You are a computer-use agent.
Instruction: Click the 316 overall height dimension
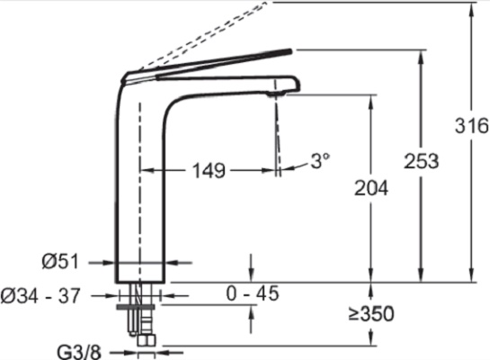[471, 126]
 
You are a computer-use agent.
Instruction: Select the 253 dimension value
[422, 161]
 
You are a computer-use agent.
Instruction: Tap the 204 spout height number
[371, 188]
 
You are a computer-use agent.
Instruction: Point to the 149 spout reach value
[209, 171]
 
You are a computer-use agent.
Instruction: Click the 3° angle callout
[320, 161]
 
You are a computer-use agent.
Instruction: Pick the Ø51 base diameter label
[60, 262]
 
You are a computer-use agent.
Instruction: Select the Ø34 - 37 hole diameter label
[40, 295]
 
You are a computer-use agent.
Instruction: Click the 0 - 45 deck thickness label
[252, 293]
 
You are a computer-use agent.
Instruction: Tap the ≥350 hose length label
[371, 314]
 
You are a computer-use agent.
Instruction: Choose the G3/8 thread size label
[79, 352]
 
